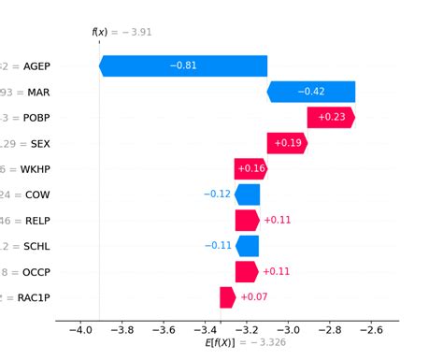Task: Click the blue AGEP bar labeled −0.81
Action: click(x=183, y=65)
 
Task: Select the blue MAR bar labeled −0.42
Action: click(x=311, y=92)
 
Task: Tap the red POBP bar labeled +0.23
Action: click(x=331, y=118)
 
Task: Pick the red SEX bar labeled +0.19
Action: click(x=287, y=143)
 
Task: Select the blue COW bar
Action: click(x=248, y=194)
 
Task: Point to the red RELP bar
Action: click(x=247, y=221)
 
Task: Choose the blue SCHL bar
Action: click(x=248, y=246)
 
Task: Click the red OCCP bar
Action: click(x=247, y=272)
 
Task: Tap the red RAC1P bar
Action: click(x=227, y=297)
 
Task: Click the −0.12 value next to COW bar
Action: click(x=216, y=194)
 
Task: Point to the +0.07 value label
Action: click(x=254, y=297)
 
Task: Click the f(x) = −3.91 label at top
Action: click(x=121, y=32)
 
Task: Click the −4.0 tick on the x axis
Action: click(x=80, y=330)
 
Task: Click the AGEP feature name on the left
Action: click(x=36, y=66)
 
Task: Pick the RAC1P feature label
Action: click(x=35, y=297)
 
